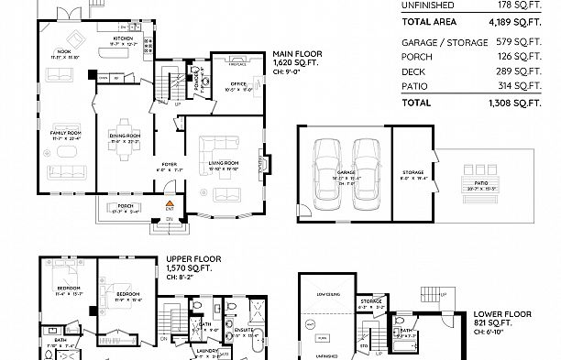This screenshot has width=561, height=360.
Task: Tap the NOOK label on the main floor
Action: click(63, 52)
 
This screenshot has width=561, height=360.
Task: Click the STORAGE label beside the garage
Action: click(412, 171)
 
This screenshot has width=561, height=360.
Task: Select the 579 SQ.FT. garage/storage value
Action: click(524, 42)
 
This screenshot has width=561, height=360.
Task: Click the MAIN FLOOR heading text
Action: click(291, 54)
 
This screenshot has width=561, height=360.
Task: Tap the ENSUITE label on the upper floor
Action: click(244, 327)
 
